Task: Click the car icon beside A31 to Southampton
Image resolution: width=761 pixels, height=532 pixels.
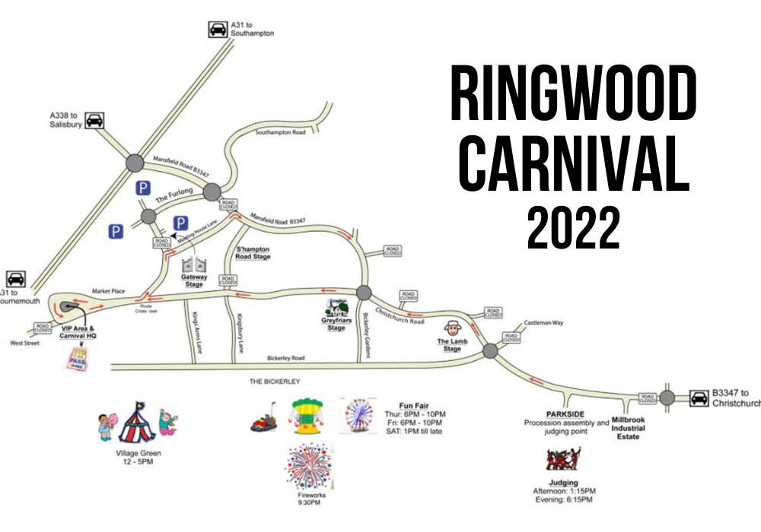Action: click(218, 30)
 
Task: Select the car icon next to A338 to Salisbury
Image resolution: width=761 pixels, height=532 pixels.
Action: click(94, 120)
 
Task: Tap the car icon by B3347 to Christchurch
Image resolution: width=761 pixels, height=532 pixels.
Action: click(699, 397)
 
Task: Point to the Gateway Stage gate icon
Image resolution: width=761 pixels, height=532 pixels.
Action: click(194, 265)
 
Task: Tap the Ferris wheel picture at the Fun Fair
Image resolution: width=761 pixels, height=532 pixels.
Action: click(358, 416)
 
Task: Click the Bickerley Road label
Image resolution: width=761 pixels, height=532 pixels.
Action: click(285, 358)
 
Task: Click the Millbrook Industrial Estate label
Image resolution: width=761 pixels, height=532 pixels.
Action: click(628, 428)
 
